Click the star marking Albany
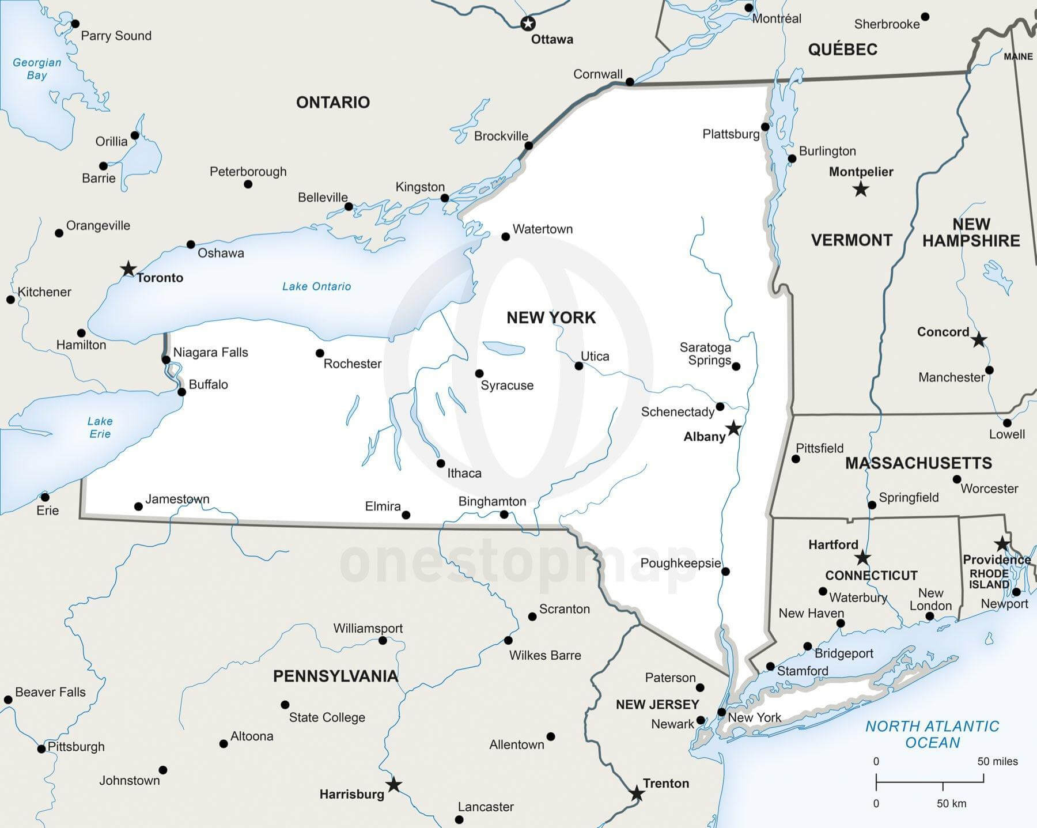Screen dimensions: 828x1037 [733, 428]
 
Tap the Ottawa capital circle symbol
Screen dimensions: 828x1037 [528, 24]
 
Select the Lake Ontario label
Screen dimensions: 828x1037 [316, 286]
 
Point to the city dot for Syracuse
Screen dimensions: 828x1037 [479, 373]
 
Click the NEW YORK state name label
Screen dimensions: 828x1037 [551, 317]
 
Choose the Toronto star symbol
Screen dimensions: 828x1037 [128, 269]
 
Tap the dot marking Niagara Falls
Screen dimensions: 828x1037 [166, 360]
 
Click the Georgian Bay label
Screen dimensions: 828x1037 [37, 69]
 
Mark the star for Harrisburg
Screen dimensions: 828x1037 [393, 785]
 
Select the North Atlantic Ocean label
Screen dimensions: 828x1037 [932, 734]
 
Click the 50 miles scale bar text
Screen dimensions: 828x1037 [997, 761]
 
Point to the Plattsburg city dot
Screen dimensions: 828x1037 [765, 127]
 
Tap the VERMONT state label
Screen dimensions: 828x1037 [851, 240]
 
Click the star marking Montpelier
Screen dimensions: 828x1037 [861, 189]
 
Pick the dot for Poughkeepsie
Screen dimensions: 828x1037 [725, 572]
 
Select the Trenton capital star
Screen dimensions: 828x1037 [637, 794]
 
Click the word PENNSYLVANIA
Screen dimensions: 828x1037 [335, 676]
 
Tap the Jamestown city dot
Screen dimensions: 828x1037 [138, 506]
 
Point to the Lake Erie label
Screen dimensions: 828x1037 [100, 428]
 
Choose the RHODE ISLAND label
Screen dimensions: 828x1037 [989, 579]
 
